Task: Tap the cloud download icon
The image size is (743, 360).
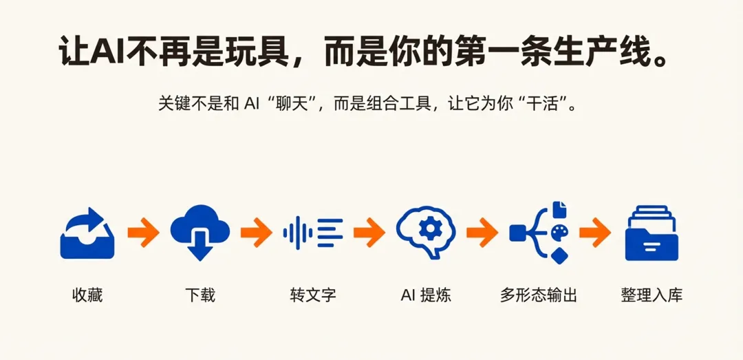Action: tap(200, 231)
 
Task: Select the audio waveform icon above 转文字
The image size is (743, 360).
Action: tap(313, 233)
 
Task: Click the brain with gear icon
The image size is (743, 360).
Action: tap(426, 231)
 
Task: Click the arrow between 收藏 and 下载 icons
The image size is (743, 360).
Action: tap(143, 232)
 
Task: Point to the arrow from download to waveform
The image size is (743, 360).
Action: tap(256, 232)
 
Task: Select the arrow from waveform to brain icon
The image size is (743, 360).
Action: tap(369, 232)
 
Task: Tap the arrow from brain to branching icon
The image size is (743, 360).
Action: tap(482, 232)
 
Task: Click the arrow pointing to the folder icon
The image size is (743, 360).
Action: tap(595, 232)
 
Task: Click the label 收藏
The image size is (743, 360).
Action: tap(87, 295)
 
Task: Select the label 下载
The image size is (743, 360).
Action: tap(200, 295)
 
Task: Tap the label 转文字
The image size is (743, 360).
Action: tap(313, 295)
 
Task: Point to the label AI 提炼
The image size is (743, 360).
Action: tap(426, 295)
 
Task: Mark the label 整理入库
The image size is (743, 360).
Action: tap(652, 295)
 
